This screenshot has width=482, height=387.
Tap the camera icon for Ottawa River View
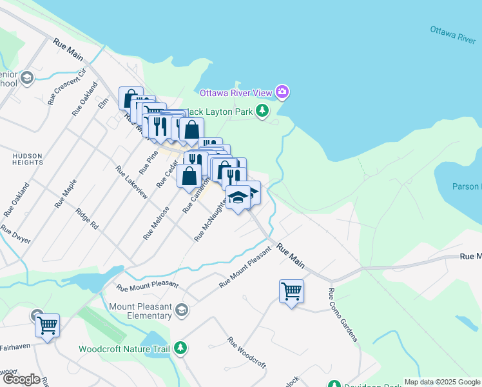tap(282, 93)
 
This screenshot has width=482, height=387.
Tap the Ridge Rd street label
tap(86, 219)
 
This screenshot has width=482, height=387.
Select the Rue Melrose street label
tap(156, 223)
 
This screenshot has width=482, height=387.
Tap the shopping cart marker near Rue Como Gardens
tap(291, 292)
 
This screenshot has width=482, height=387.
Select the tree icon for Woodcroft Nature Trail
tap(182, 349)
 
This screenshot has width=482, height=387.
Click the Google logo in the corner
tap(21, 379)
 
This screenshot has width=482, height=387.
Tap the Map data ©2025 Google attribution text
tap(442, 382)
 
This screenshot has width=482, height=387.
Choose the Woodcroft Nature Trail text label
tap(124, 349)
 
